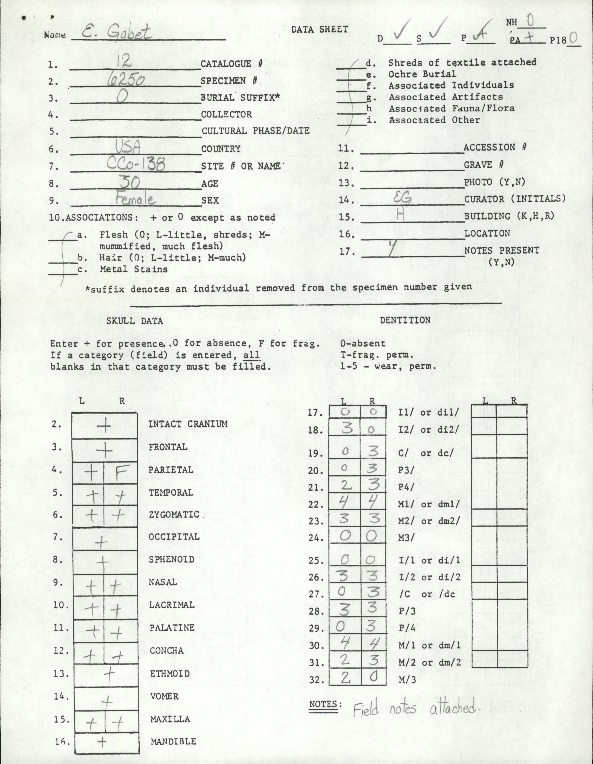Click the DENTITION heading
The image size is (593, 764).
pyautogui.click(x=405, y=320)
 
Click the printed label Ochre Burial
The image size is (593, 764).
pyautogui.click(x=422, y=74)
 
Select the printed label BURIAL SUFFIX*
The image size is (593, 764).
pyautogui.click(x=240, y=98)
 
